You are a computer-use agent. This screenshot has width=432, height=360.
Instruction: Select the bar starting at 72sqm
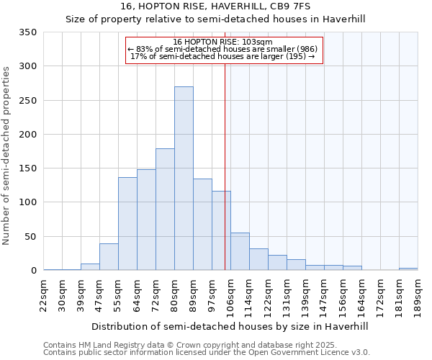click(165, 209)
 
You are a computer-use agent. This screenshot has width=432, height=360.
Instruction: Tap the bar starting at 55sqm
click(127, 223)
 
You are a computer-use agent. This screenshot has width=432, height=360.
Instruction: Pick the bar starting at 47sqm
click(109, 257)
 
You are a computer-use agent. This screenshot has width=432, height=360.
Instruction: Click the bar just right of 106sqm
click(240, 251)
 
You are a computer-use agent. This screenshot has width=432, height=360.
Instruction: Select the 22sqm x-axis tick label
click(44, 293)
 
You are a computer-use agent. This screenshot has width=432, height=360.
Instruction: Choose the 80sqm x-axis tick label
click(175, 293)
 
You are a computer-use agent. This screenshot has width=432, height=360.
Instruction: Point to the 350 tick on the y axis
click(28, 32)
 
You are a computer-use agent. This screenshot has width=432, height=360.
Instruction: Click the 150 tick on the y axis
click(28, 168)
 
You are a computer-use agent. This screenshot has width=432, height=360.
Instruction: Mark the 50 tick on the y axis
click(31, 236)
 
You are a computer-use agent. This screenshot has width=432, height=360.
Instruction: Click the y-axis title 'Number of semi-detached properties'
click(7, 156)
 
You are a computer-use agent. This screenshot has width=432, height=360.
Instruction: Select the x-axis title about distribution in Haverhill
click(230, 326)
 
